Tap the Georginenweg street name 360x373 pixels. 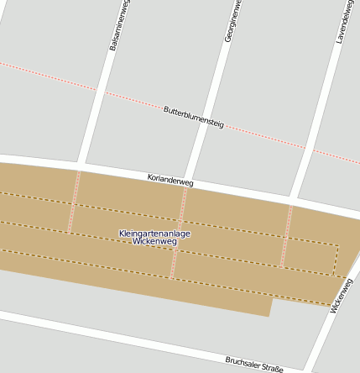(x=230, y=22)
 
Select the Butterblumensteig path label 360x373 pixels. (x=194, y=117)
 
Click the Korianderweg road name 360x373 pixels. (x=170, y=180)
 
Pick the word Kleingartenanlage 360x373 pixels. (x=155, y=233)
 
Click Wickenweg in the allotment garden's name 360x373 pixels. (x=155, y=241)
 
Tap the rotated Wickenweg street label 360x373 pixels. (x=342, y=295)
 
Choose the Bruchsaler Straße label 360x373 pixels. (x=254, y=363)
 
